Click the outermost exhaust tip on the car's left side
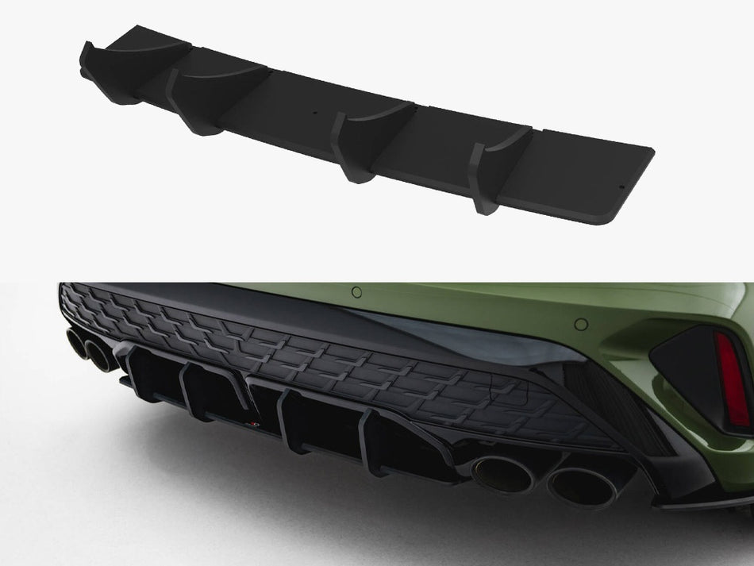click(77, 342)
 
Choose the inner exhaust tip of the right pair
click(503, 473)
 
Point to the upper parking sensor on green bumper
click(356, 292)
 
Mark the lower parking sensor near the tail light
click(581, 324)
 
